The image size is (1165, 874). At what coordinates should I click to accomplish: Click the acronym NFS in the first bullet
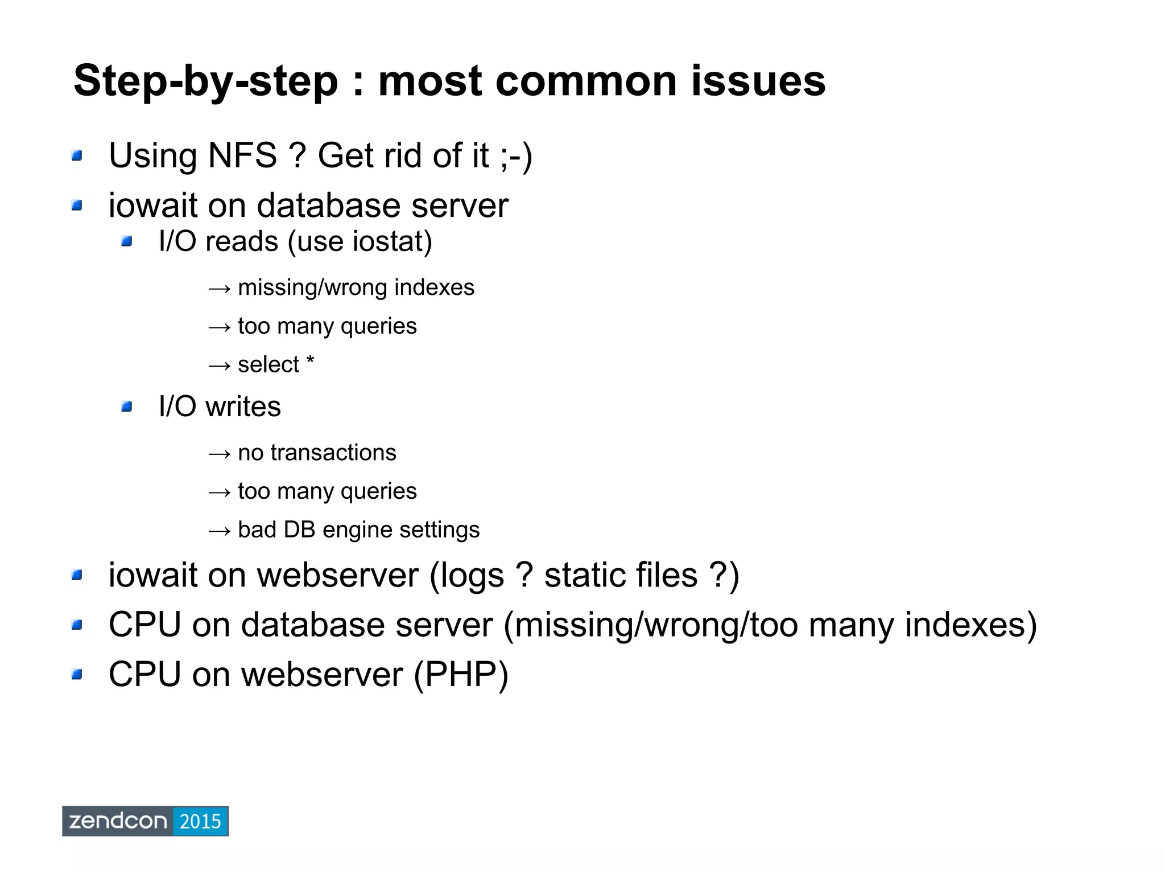(242, 155)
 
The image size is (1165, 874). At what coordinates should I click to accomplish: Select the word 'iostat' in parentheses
(387, 241)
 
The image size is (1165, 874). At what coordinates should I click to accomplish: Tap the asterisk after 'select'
(310, 362)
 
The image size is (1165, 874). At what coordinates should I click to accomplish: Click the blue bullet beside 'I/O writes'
(126, 407)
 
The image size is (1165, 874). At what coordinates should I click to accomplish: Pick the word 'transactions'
(333, 453)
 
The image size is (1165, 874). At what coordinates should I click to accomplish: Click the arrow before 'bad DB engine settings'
(219, 531)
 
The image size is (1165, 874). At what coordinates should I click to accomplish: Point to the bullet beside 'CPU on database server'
(77, 626)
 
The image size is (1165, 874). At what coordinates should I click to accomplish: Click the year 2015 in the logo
(200, 822)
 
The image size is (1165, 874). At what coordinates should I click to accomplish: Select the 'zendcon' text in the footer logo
(118, 822)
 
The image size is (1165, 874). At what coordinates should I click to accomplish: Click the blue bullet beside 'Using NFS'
(77, 155)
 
